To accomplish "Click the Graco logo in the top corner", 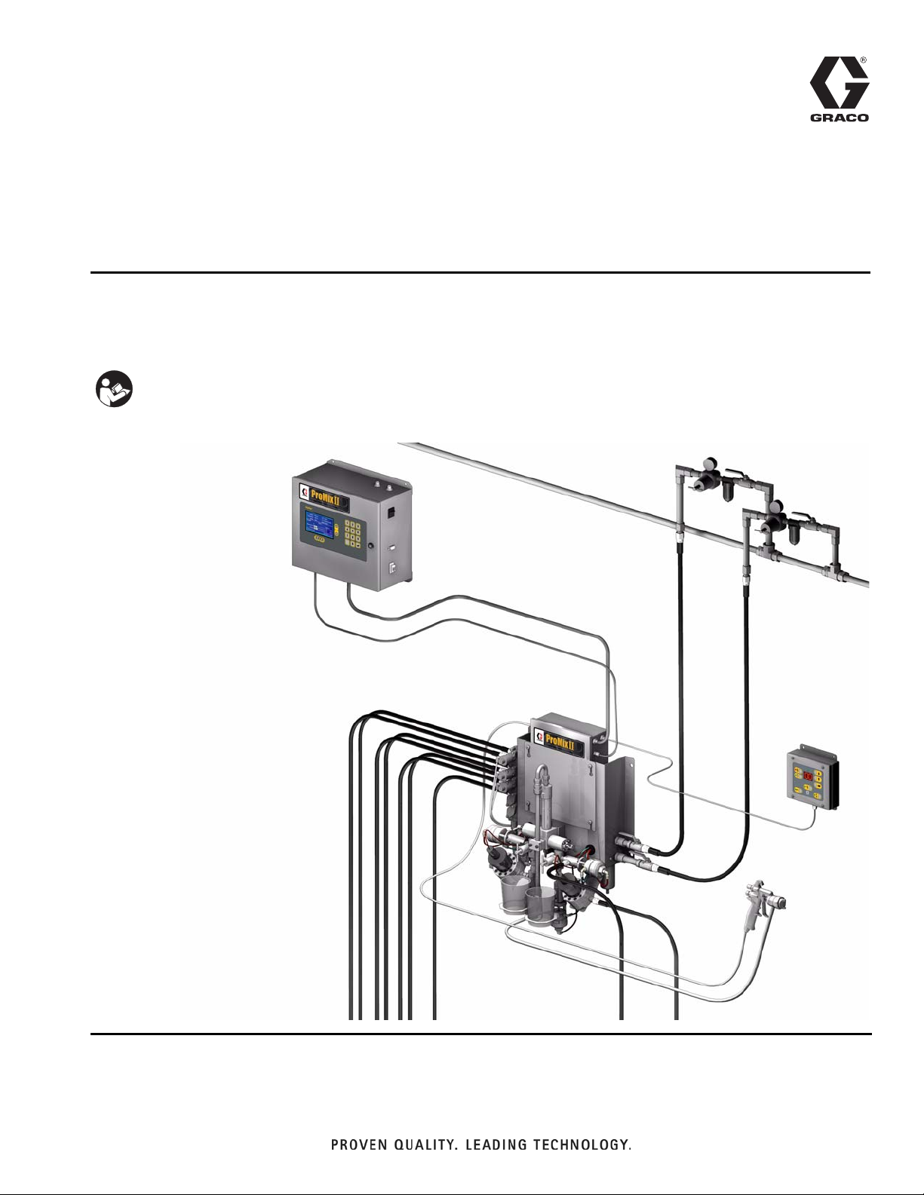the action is (840, 89).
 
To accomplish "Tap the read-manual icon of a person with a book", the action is (115, 389).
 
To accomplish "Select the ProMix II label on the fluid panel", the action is (560, 741).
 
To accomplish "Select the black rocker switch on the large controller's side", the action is (389, 513).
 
